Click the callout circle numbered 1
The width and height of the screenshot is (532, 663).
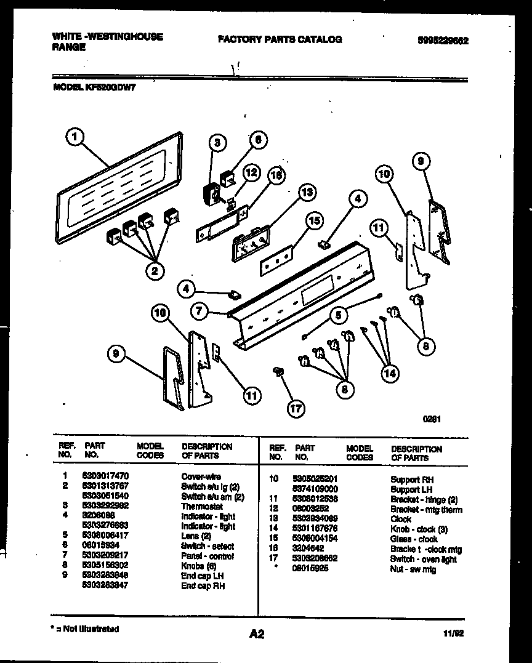click(x=75, y=138)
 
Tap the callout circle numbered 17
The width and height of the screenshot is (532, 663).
click(x=297, y=408)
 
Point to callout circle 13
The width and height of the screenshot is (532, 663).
click(x=306, y=193)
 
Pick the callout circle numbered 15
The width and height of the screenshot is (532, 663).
click(x=315, y=220)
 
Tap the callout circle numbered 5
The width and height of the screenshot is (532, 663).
click(x=337, y=316)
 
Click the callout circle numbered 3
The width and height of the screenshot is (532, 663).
click(x=217, y=143)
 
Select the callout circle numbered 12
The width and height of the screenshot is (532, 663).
click(x=251, y=173)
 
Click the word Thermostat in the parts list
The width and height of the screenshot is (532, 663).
click(x=202, y=507)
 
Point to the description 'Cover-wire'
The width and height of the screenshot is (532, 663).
click(x=201, y=476)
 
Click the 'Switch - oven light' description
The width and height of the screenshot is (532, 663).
click(x=424, y=559)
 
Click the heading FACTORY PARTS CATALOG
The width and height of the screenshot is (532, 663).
click(x=280, y=39)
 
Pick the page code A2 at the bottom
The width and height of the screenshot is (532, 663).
click(x=257, y=634)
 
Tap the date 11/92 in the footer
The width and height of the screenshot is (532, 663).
click(x=453, y=632)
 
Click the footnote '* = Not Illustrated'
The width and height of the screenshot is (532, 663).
click(x=85, y=629)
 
